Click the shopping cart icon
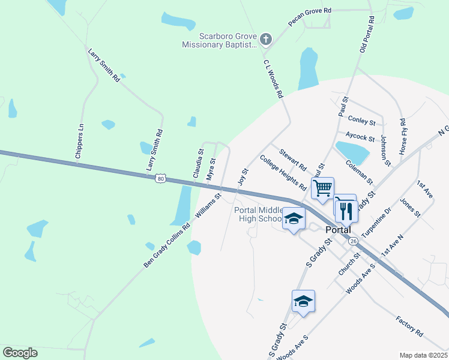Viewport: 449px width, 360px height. (x=323, y=188)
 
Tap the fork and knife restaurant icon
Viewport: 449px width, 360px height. (x=346, y=211)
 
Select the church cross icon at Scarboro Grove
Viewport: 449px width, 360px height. (x=267, y=40)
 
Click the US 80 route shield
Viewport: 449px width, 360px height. (x=159, y=178)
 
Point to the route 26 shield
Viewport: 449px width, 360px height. (x=353, y=241)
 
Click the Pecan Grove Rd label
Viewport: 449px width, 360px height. (x=310, y=18)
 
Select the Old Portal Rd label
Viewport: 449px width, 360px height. (x=367, y=34)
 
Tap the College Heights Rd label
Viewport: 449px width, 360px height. (x=283, y=173)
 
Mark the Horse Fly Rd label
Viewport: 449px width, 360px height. (x=403, y=139)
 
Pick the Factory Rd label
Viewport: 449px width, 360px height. (x=409, y=325)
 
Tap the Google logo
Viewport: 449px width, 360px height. (x=20, y=353)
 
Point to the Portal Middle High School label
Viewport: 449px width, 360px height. (x=258, y=214)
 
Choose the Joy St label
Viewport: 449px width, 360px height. (x=243, y=177)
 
